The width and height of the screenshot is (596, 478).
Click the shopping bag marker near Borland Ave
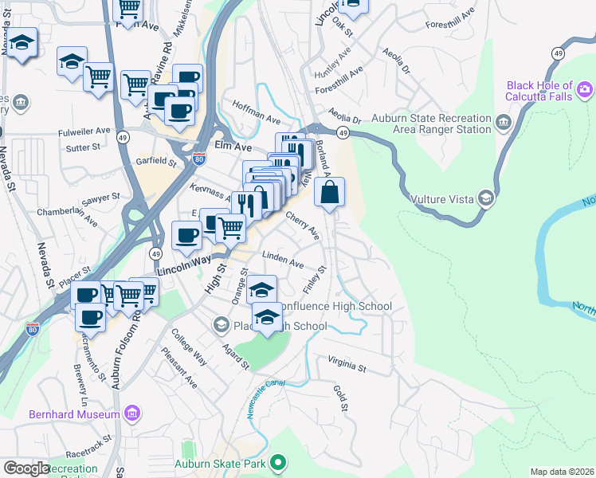pos(329,192)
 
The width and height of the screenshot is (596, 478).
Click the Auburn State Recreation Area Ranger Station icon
pos(504,121)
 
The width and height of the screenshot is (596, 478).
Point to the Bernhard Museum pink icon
pos(132,413)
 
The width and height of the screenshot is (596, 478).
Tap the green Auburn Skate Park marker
pos(277,462)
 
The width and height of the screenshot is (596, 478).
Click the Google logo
pos(25,468)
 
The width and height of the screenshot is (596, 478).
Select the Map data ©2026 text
pos(561,472)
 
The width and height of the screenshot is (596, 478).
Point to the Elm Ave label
pos(233,147)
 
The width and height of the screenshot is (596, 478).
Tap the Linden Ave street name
pos(283,261)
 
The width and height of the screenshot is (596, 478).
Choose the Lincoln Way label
pos(184,266)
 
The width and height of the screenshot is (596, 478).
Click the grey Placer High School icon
pos(221,325)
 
